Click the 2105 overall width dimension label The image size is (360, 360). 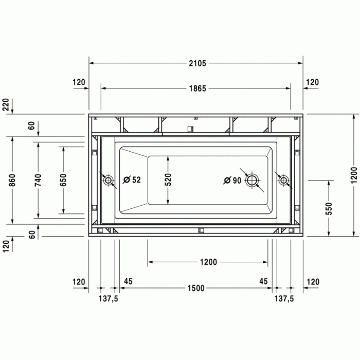196,64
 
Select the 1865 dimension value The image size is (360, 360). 196,88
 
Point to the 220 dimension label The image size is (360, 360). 6,104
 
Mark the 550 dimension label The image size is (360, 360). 329,208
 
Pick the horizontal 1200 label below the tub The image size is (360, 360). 208,262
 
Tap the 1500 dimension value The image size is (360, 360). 196,288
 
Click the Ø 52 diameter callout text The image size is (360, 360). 133,180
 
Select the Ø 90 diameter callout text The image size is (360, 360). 233,180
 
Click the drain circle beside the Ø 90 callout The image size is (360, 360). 253,181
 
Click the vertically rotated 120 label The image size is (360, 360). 6,245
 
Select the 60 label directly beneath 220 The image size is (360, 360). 31,125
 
